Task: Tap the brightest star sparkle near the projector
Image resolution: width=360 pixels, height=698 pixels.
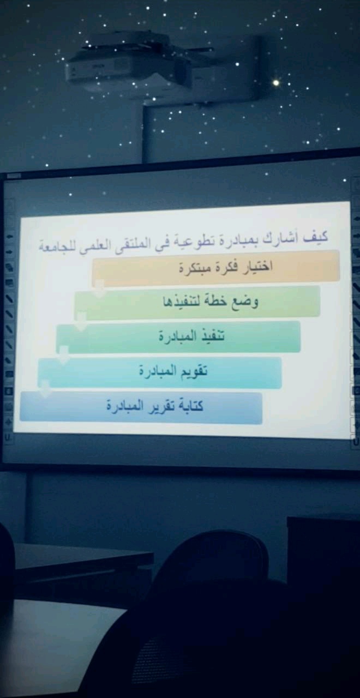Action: [275, 83]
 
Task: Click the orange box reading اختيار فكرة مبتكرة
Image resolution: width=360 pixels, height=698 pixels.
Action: [215, 267]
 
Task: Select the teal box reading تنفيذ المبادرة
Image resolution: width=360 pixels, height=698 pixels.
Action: [178, 337]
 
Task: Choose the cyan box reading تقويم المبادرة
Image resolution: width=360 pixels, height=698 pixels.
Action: [160, 372]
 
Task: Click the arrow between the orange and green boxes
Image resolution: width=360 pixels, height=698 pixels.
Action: [99, 288]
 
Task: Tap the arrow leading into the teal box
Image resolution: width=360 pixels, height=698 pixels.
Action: [81, 321]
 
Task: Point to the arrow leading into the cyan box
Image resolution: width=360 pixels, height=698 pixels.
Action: [64, 354]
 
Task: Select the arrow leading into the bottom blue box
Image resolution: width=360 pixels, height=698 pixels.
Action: [45, 388]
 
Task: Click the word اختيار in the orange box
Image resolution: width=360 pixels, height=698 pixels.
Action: [258, 267]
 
